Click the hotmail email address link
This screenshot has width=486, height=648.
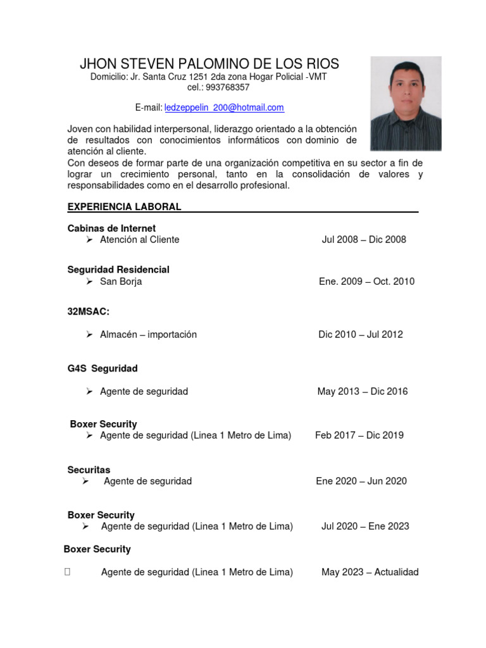pyautogui.click(x=224, y=108)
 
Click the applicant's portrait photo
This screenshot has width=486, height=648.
pyautogui.click(x=406, y=104)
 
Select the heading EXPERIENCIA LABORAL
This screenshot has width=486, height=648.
pyautogui.click(x=125, y=207)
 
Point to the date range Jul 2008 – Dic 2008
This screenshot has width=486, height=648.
pyautogui.click(x=364, y=240)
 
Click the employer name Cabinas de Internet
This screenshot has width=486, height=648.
pyautogui.click(x=111, y=228)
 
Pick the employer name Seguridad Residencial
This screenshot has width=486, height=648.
pyautogui.click(x=118, y=270)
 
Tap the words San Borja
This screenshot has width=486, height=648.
pyautogui.click(x=121, y=282)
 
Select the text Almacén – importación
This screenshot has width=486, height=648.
pyautogui.click(x=148, y=335)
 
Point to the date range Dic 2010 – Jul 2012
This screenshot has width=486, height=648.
pyautogui.click(x=361, y=335)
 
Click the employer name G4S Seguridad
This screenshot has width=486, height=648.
pyautogui.click(x=103, y=368)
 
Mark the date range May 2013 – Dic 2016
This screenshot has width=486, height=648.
pyautogui.click(x=363, y=392)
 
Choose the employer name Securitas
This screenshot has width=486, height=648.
pyautogui.click(x=89, y=470)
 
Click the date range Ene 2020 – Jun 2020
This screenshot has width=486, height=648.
pyautogui.click(x=361, y=481)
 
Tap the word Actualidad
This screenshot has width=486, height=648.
pyautogui.click(x=397, y=572)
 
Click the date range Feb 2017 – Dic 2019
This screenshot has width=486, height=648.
pyautogui.click(x=359, y=435)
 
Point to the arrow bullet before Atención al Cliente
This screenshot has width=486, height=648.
pyautogui.click(x=90, y=240)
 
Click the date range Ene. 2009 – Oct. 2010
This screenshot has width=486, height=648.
pyautogui.click(x=367, y=282)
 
